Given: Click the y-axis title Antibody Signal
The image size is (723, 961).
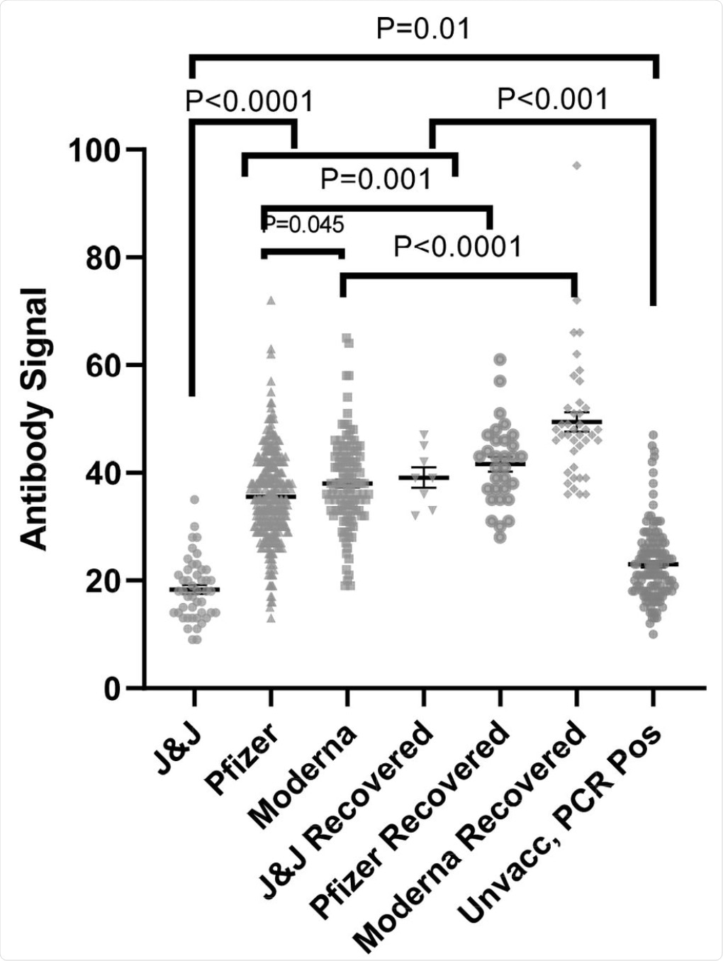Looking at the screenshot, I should [x=34, y=419].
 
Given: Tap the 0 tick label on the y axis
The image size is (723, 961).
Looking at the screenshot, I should [x=112, y=689].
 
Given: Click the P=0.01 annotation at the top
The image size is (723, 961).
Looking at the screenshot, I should [x=423, y=29].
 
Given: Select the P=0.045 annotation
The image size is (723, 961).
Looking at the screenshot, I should [x=303, y=225].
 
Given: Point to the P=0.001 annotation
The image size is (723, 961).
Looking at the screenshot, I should [x=376, y=179].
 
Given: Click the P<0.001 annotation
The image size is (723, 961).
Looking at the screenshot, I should [x=553, y=99].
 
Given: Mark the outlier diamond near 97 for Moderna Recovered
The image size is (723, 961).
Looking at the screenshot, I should [x=577, y=165].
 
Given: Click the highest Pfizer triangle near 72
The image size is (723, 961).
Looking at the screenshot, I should [x=271, y=300].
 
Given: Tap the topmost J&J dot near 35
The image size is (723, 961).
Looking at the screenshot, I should [x=194, y=500].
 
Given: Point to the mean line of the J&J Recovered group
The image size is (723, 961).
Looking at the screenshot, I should [x=424, y=478].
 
